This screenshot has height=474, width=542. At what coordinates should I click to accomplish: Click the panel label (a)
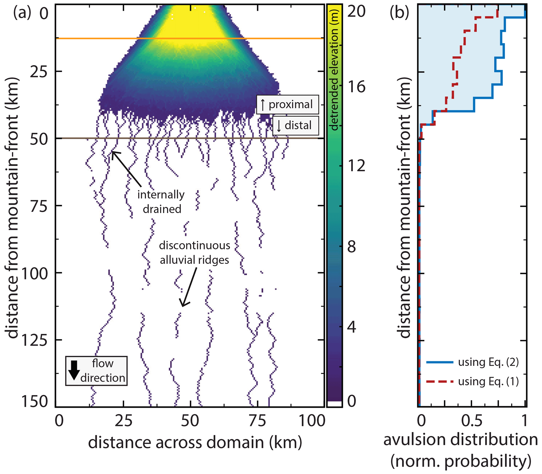point(22,12)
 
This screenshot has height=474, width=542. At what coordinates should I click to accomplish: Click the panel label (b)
point(399,12)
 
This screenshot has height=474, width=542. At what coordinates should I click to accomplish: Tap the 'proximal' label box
point(287,104)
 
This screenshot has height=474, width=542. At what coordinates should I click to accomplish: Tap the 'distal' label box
point(296,125)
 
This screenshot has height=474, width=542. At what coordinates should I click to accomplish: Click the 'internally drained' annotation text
point(161,202)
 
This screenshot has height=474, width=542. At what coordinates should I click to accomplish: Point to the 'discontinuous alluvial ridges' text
point(195,252)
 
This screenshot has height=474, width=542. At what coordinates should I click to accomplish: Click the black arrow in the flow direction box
point(74,370)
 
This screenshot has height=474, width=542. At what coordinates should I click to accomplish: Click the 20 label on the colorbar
point(356,12)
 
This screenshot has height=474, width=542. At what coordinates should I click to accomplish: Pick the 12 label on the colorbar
point(356,166)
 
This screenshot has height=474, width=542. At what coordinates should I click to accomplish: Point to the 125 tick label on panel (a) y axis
point(34,340)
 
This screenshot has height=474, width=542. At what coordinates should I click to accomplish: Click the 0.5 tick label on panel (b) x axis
point(471,420)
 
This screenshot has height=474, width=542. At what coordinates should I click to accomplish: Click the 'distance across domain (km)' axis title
point(195,443)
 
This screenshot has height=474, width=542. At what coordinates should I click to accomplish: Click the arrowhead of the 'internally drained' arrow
point(112,152)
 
